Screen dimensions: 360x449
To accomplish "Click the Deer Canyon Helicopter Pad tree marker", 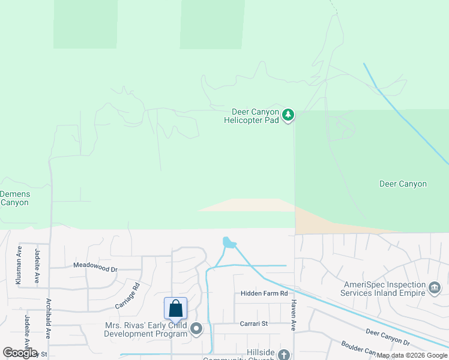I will (288, 115).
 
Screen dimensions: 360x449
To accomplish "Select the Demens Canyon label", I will (14, 199).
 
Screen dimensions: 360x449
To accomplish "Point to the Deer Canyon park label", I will (403, 184).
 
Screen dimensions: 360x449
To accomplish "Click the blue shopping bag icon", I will (176, 308).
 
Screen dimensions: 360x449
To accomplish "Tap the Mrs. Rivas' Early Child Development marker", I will (196, 329).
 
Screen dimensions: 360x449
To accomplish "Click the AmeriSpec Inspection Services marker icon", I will (433, 288).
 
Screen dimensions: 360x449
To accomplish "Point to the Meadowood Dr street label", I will (95, 265).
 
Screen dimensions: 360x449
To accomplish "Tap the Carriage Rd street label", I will (127, 296).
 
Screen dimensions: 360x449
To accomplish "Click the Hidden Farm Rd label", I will (264, 293).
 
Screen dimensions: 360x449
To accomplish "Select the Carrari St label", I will (253, 323).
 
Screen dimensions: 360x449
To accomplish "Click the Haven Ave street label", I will (294, 316).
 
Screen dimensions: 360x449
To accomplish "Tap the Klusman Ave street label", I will (19, 265).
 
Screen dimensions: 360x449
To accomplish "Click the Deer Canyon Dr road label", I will (387, 337).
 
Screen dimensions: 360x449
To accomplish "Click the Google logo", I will (20, 353).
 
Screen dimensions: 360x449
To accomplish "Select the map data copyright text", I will (412, 356).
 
